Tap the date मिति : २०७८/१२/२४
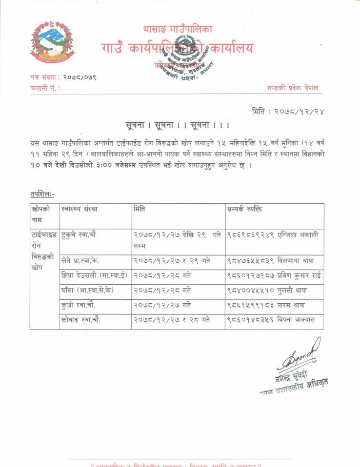[x=289, y=111]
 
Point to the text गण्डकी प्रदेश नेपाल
[x=289, y=88]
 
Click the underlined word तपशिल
[x=42, y=194]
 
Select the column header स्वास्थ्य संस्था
[x=79, y=209]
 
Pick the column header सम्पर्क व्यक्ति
[x=251, y=209]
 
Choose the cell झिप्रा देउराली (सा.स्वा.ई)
[x=94, y=276]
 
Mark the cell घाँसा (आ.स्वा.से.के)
[x=87, y=290]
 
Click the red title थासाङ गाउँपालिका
[x=177, y=29]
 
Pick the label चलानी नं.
[x=45, y=88]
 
